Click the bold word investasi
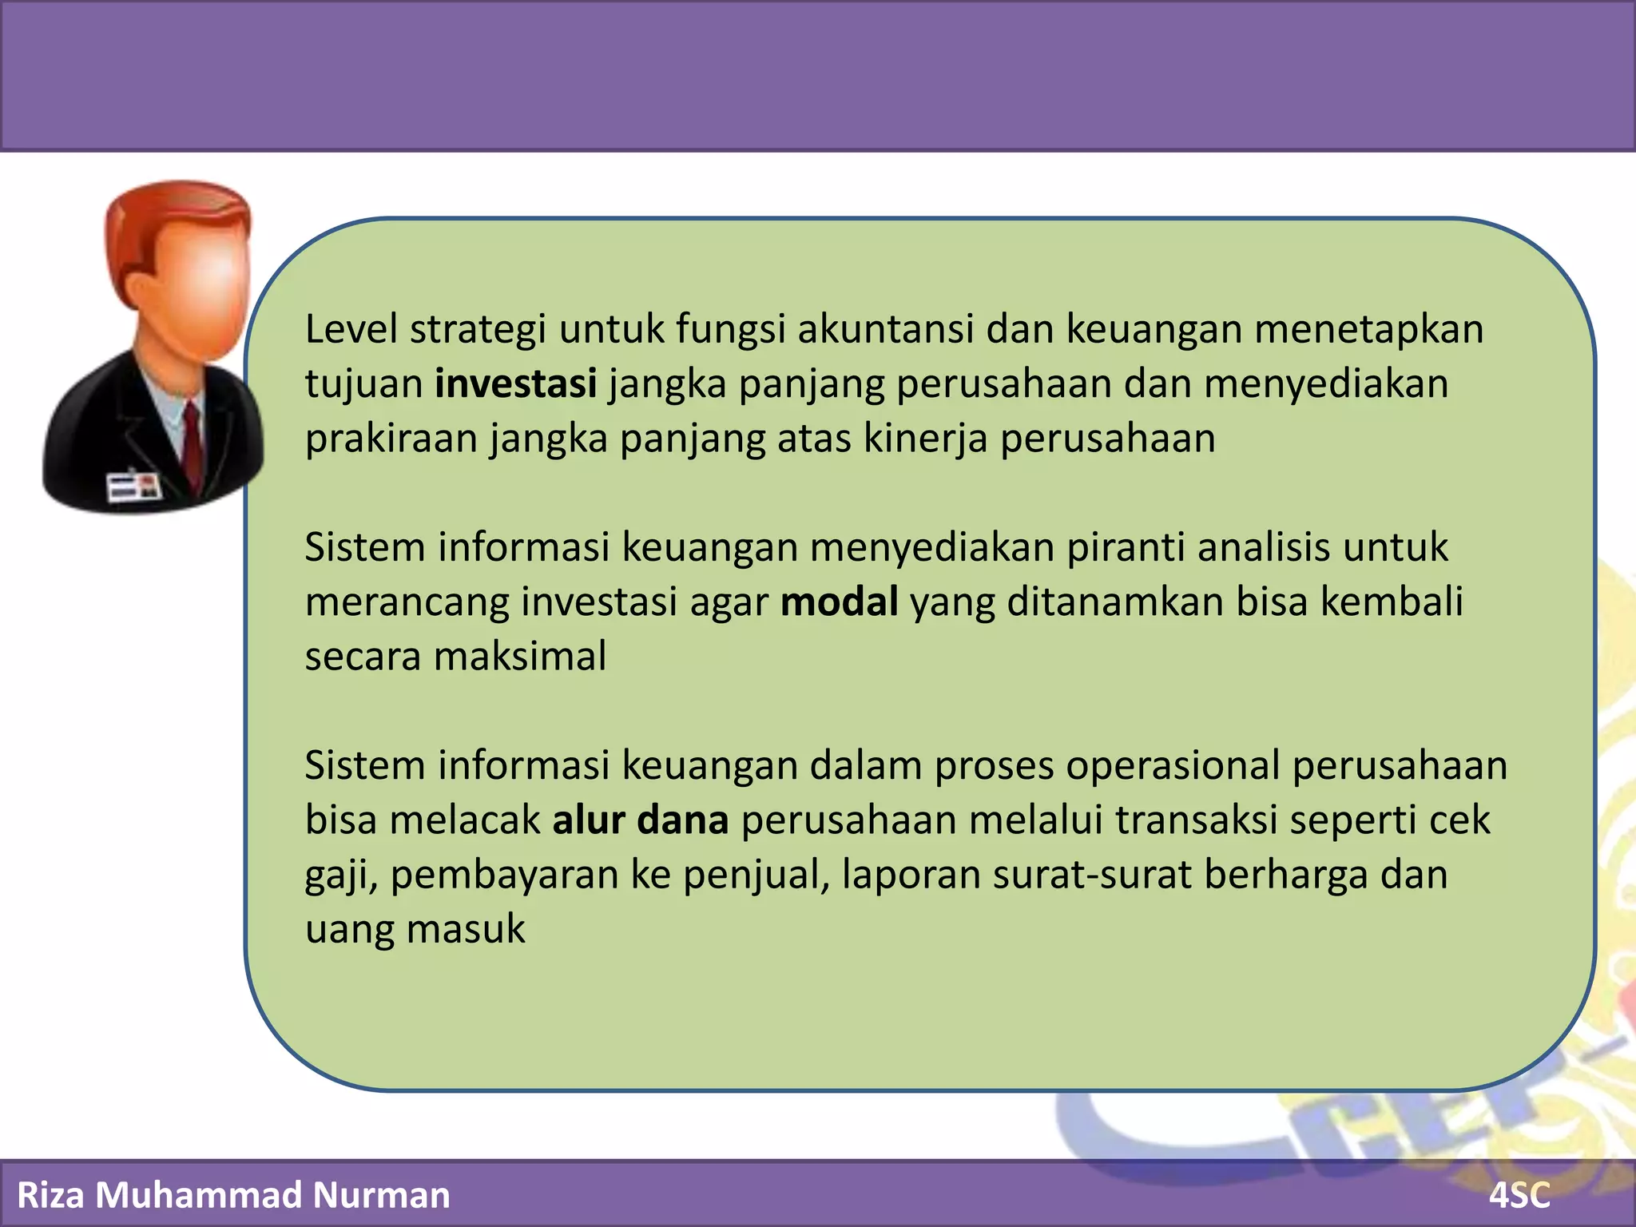(515, 383)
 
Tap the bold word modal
(839, 602)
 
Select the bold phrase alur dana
(641, 820)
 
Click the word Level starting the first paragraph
(351, 329)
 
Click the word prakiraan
(391, 439)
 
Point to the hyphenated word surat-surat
(1092, 875)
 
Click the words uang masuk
(415, 929)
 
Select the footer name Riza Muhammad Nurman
(233, 1195)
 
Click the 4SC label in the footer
(1519, 1196)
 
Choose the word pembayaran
(504, 875)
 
